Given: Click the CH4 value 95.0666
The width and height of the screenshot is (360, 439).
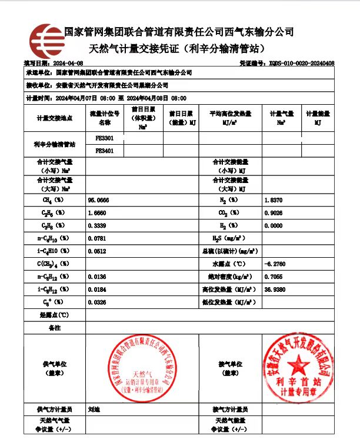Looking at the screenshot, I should (98, 200).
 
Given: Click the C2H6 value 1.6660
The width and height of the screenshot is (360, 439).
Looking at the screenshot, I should (97, 212).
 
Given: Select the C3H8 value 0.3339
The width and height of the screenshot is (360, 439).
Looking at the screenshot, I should (97, 225).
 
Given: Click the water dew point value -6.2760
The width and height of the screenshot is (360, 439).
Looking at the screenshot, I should (276, 264).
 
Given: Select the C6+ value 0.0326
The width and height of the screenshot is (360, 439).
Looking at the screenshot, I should (97, 302).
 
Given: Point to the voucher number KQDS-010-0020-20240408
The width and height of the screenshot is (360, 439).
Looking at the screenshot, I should (302, 63).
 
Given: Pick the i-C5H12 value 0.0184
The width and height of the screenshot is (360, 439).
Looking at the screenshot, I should (97, 289).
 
